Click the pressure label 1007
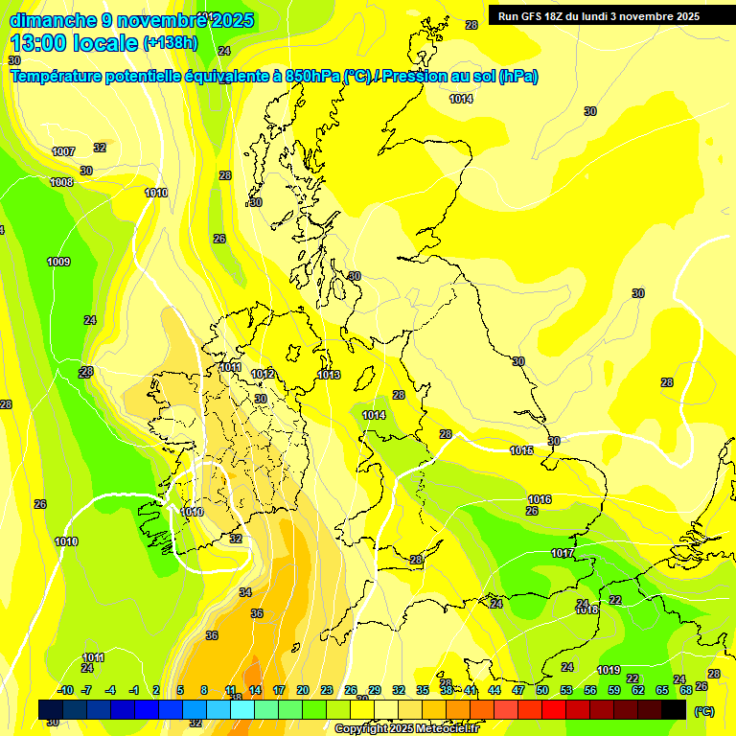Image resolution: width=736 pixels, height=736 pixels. pyautogui.click(x=63, y=151)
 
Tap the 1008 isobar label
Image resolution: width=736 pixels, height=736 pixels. pyautogui.click(x=61, y=182)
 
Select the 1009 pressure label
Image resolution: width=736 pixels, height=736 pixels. pyautogui.click(x=58, y=262)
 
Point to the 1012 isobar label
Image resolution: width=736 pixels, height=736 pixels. pyautogui.click(x=264, y=374)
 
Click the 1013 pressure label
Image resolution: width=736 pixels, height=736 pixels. pyautogui.click(x=329, y=375)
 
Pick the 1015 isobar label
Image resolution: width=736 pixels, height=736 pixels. pyautogui.click(x=521, y=450)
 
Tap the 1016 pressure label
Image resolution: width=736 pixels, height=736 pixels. pyautogui.click(x=540, y=499)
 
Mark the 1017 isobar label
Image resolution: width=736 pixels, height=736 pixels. pyautogui.click(x=563, y=554)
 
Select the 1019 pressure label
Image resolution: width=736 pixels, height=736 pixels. pyautogui.click(x=609, y=670)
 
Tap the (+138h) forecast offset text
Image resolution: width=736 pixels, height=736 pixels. pyautogui.click(x=171, y=42)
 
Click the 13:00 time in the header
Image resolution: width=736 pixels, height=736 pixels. pyautogui.click(x=39, y=43)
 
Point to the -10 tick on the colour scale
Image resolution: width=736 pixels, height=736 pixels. pyautogui.click(x=65, y=690)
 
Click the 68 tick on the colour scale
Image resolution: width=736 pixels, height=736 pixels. pyautogui.click(x=685, y=690)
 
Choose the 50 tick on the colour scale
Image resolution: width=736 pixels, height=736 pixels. pyautogui.click(x=541, y=690)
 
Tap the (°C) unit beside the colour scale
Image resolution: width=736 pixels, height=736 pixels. pyautogui.click(x=702, y=710)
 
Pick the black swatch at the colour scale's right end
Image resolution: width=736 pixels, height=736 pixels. pyautogui.click(x=674, y=709)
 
